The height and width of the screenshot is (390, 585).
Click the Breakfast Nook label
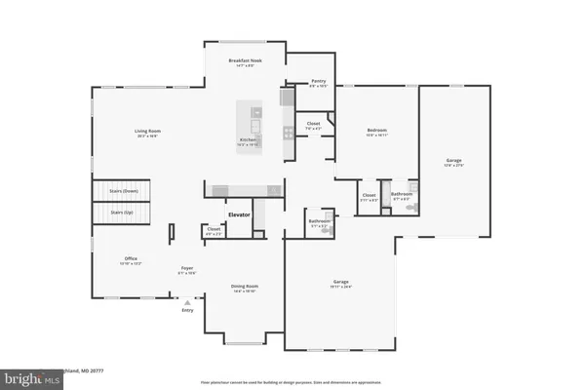246,61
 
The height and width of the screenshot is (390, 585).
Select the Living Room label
147,133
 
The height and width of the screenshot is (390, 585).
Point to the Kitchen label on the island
248,141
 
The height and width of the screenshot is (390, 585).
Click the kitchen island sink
255,125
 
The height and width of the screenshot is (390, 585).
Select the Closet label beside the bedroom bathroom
369,196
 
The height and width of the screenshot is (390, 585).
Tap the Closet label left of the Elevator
214,230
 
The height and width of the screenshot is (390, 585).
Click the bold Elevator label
240,214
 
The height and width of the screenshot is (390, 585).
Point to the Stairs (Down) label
124,192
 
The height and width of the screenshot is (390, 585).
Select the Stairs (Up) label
123,211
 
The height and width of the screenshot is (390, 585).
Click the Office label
131,260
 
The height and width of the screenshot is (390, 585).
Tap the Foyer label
187,269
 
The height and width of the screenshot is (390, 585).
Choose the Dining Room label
243,287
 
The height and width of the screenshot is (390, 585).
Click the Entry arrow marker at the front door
186,303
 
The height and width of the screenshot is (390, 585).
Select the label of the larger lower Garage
340,284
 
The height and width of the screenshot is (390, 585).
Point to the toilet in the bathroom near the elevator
327,215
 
